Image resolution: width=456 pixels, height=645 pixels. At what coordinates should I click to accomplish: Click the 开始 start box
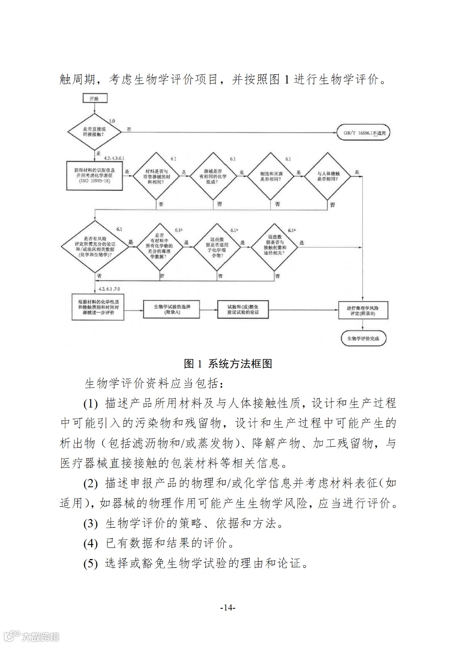click(94, 99)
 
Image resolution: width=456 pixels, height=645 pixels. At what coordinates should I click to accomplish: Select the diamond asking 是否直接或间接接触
click(94, 132)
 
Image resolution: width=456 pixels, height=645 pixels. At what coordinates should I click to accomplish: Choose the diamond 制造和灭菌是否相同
click(272, 176)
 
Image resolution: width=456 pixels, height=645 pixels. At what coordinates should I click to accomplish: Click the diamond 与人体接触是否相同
click(328, 176)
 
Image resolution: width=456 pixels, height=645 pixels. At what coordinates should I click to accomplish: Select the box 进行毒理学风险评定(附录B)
click(363, 311)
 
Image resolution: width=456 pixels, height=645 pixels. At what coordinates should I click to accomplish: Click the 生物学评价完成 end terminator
click(363, 338)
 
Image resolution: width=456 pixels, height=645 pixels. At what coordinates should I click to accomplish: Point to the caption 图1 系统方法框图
click(228, 364)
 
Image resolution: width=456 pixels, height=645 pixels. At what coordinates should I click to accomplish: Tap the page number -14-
click(228, 608)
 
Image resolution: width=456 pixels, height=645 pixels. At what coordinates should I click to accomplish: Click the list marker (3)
click(90, 524)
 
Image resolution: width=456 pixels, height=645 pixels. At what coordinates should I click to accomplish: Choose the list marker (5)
click(90, 564)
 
